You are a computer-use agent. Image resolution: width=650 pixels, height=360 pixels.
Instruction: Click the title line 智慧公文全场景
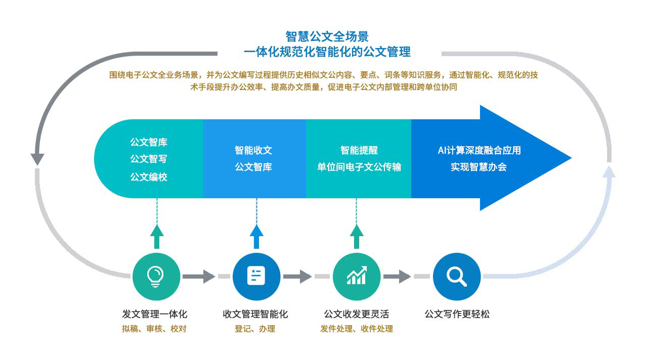click(x=327, y=36)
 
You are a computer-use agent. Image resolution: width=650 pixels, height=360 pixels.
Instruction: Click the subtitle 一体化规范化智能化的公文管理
click(x=327, y=52)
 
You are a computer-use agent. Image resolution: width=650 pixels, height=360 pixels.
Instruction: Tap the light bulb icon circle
click(x=156, y=277)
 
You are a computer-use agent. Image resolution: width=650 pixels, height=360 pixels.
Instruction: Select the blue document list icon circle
click(x=256, y=277)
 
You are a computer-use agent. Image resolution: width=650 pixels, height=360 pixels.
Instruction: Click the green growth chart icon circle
click(x=356, y=277)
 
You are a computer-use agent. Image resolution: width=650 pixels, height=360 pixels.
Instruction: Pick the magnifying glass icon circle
click(x=456, y=277)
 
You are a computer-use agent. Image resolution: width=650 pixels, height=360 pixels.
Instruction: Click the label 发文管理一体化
click(x=154, y=314)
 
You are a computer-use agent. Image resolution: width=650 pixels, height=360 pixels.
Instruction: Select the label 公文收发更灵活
click(x=356, y=314)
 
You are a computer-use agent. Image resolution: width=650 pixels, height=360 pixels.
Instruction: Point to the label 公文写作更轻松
click(x=457, y=314)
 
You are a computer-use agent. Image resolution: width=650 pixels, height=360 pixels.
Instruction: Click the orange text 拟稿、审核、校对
click(x=154, y=329)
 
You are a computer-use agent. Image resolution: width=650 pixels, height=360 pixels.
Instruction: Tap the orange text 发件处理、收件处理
click(x=356, y=329)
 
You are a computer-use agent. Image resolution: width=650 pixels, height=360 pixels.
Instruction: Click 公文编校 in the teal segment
click(x=149, y=177)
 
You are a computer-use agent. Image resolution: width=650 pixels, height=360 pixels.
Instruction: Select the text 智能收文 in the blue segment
click(x=253, y=150)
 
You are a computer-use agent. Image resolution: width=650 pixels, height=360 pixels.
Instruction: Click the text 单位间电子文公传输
click(x=359, y=167)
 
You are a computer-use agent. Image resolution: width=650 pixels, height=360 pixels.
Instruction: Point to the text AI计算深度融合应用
click(x=479, y=150)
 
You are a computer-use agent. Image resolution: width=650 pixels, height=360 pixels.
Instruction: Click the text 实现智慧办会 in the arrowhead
click(x=479, y=167)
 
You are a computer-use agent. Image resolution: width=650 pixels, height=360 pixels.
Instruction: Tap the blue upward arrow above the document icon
click(x=256, y=236)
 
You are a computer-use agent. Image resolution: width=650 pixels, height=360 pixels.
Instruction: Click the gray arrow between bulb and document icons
click(x=199, y=277)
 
